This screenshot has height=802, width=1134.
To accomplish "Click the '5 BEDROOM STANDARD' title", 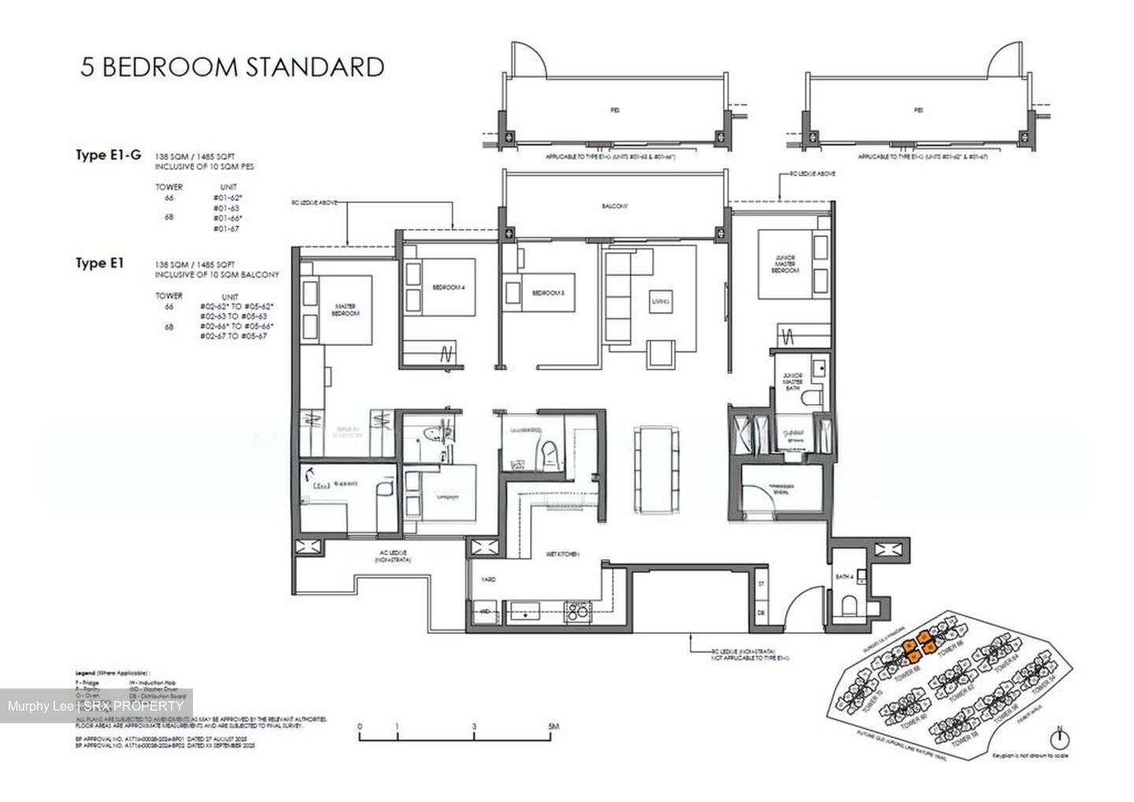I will point(232,67).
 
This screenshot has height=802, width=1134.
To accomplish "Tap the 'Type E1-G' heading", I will point(108,155).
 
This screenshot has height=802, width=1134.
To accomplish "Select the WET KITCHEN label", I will point(562,555).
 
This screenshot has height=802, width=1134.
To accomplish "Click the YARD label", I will point(488,579).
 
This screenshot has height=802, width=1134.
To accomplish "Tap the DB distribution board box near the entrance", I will point(761,612).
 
